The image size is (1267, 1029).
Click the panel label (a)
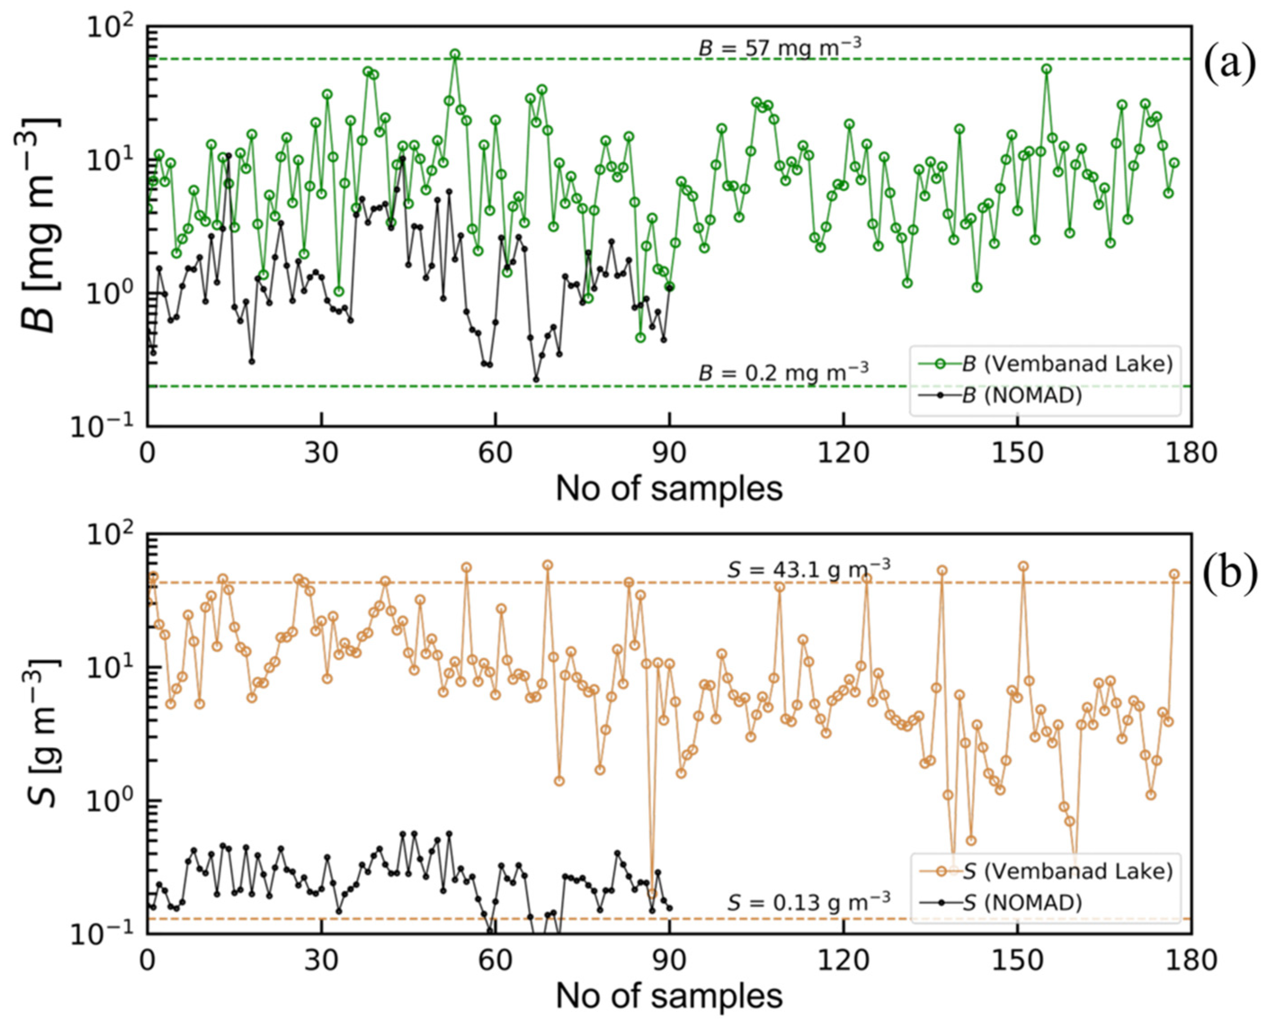[1230, 65]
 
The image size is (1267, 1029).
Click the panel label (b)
[1230, 575]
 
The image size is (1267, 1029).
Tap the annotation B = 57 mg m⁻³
[780, 47]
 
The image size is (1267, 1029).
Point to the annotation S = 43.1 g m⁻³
[808, 569]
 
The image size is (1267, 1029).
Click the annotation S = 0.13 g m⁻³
[808, 902]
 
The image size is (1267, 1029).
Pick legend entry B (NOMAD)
[1022, 395]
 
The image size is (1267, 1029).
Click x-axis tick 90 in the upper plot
[669, 454]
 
